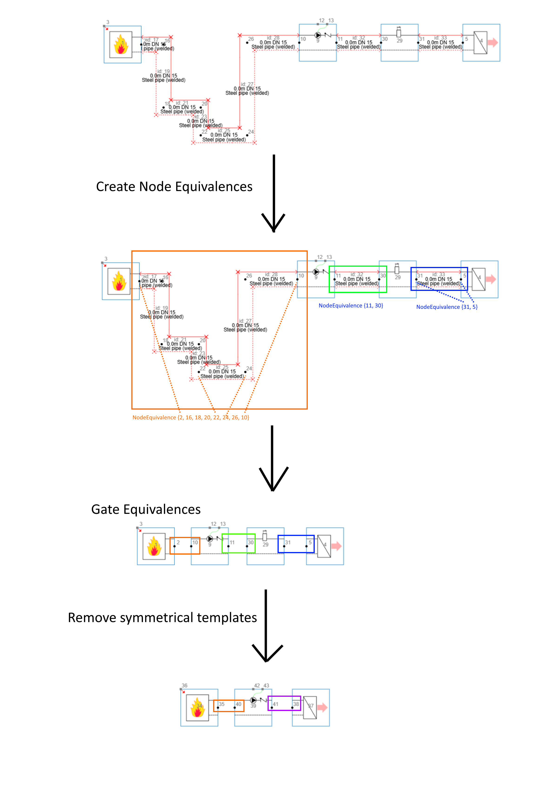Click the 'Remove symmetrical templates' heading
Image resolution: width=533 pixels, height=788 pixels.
(162, 617)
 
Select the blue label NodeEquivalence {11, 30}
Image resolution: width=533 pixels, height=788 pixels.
(351, 306)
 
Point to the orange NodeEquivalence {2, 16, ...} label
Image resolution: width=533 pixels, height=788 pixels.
(191, 418)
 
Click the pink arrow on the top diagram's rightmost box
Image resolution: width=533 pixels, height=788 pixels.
(493, 42)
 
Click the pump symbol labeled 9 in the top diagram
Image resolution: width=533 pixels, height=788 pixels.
(318, 35)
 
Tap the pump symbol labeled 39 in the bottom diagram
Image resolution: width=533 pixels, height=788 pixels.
(253, 700)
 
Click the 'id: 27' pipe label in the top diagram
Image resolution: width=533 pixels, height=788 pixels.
(247, 84)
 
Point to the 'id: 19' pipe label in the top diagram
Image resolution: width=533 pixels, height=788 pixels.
(163, 71)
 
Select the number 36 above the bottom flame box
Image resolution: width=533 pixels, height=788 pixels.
(185, 685)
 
